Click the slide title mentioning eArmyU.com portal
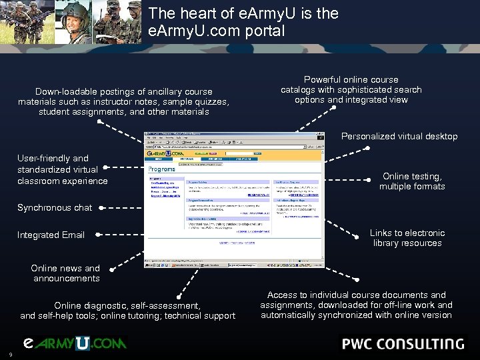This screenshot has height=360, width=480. (243, 22)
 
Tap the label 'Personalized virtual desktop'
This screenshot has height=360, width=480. (399, 136)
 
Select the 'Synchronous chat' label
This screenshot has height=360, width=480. (55, 207)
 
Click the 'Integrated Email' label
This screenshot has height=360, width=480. (51, 235)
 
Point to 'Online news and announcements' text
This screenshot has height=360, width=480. (65, 273)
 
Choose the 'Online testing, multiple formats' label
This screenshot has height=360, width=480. (412, 181)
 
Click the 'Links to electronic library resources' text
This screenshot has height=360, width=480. (407, 238)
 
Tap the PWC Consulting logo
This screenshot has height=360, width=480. (403, 344)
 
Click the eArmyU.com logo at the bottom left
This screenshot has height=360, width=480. (74, 343)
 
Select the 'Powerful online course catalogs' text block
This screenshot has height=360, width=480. (351, 89)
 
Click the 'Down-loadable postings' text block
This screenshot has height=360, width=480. (124, 101)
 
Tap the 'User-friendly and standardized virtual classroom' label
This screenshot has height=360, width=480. (63, 169)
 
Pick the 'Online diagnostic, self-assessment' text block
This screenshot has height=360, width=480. (127, 311)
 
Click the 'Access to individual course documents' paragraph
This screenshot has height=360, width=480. (356, 305)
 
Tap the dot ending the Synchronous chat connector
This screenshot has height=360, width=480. (100, 207)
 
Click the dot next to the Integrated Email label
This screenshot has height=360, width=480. (99, 235)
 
